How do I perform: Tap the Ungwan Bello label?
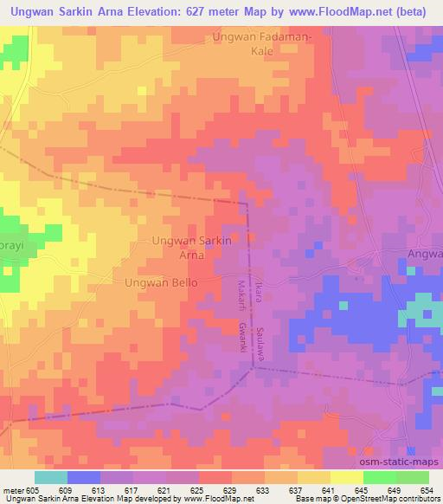tap(161, 283)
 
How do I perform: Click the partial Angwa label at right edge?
tap(424, 254)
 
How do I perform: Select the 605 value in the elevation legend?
tap(33, 490)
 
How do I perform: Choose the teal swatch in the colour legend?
tap(51, 477)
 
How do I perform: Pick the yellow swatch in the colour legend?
tap(347, 477)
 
